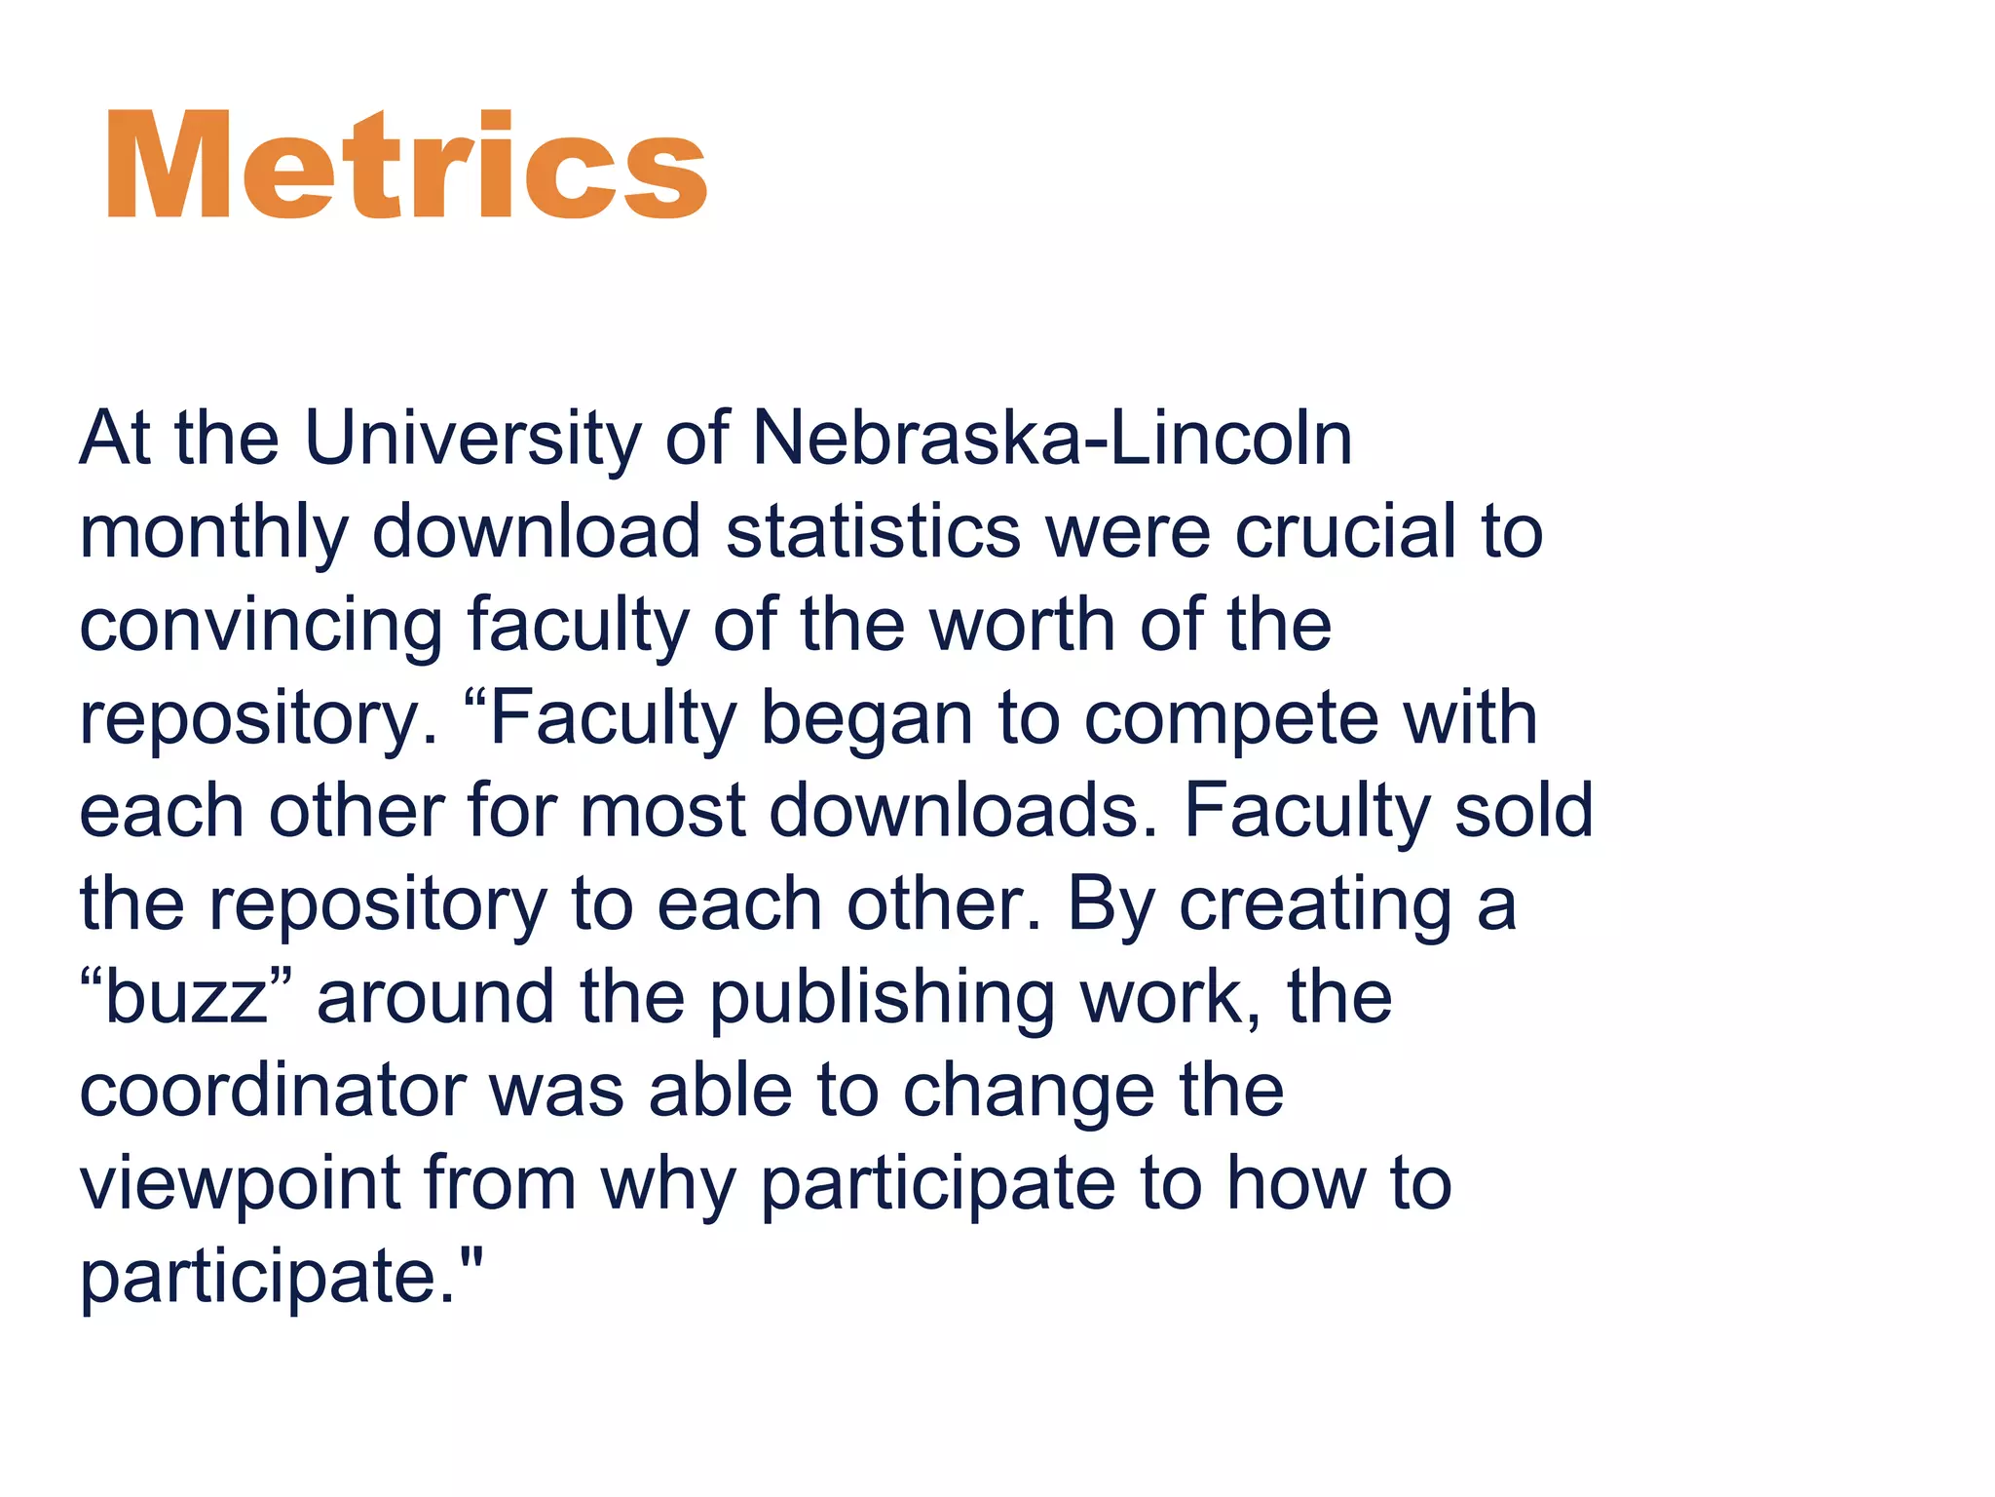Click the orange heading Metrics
(x=406, y=166)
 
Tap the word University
(x=472, y=438)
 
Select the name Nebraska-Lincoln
(x=1052, y=438)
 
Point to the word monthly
(x=213, y=532)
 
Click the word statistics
(x=873, y=532)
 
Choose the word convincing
(x=261, y=625)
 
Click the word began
(x=866, y=718)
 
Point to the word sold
(x=1523, y=811)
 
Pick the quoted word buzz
(x=186, y=997)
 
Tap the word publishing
(x=882, y=997)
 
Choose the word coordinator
(x=272, y=1091)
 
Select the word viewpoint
(x=240, y=1183)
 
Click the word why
(x=668, y=1183)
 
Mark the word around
(x=435, y=997)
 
